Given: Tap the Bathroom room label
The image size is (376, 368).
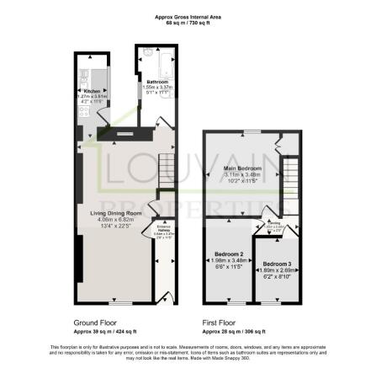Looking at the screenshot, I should [157, 82].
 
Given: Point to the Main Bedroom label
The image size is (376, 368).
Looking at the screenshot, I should [242, 168].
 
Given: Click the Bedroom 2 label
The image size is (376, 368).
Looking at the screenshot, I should [229, 253].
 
